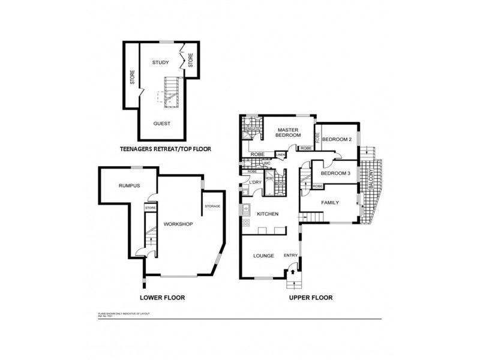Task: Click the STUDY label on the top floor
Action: (160, 62)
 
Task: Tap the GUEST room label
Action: (161, 124)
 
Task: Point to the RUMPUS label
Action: (129, 186)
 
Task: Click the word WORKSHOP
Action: (177, 224)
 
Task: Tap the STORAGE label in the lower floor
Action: (212, 206)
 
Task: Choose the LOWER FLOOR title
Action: (162, 298)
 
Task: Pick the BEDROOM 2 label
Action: (336, 140)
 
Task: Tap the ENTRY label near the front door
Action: (290, 256)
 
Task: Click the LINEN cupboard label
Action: (280, 155)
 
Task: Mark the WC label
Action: (268, 163)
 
